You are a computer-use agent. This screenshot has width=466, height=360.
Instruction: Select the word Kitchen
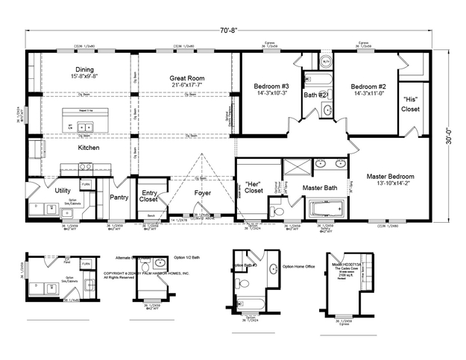(89, 148)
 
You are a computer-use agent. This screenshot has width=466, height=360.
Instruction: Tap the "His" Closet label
(411, 104)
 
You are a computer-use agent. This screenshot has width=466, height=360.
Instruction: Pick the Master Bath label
(320, 189)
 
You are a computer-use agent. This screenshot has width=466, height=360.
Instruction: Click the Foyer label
(203, 192)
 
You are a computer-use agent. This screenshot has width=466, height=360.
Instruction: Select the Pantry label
(119, 198)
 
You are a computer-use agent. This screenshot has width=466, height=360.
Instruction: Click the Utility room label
(63, 190)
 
